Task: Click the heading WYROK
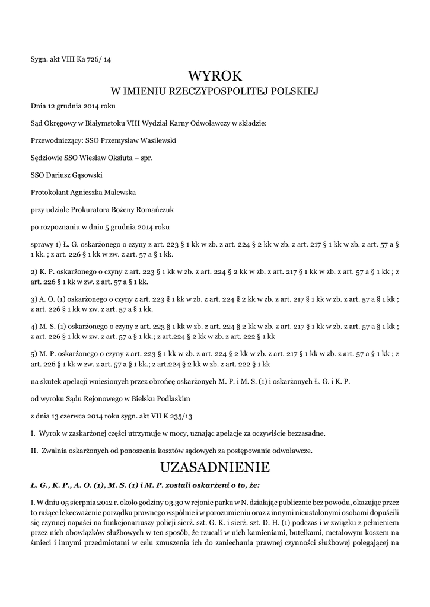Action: (215, 76)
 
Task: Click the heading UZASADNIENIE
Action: (215, 468)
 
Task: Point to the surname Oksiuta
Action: (110, 158)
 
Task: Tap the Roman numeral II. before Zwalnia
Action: (34, 451)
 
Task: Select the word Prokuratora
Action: (87, 210)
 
